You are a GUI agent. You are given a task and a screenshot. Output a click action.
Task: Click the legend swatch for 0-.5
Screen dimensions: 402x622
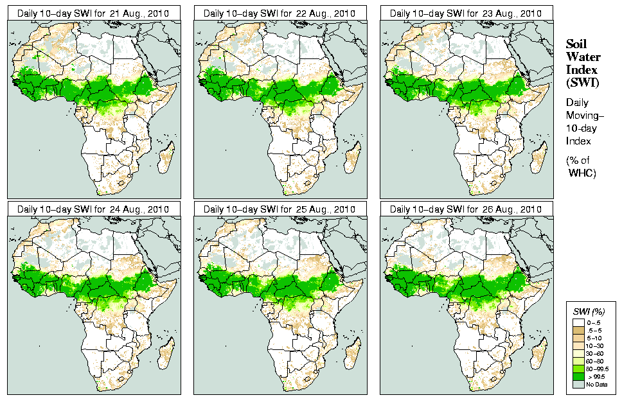(x=578, y=322)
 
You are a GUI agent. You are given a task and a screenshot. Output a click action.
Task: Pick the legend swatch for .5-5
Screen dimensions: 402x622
(x=578, y=330)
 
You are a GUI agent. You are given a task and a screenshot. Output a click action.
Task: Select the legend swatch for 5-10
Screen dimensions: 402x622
(x=578, y=338)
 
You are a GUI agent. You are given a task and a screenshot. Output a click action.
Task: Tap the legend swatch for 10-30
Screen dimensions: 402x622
(x=578, y=345)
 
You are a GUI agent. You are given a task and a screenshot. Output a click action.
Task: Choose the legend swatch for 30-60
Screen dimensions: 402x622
(x=578, y=353)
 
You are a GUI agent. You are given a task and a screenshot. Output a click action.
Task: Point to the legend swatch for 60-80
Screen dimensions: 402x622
(x=578, y=361)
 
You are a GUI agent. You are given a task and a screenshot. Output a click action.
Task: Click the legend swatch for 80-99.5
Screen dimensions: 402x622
(x=578, y=369)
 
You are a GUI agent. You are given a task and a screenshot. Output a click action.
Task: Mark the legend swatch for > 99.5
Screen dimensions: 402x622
(x=578, y=376)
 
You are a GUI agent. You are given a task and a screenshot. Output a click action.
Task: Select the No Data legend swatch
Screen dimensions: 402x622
(x=578, y=384)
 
